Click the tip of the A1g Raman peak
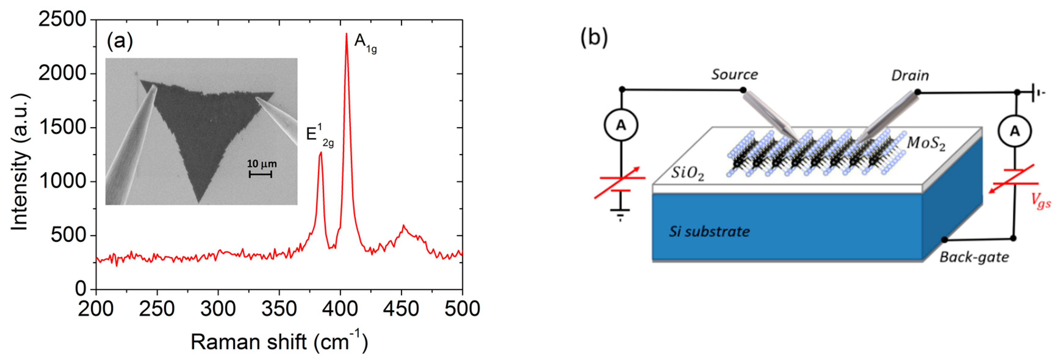coord(346,34)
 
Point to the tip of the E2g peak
coord(321,153)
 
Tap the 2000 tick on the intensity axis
coord(63,74)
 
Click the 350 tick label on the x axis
coord(279,309)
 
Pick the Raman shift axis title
coord(279,341)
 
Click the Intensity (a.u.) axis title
coord(19,162)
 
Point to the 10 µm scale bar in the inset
coord(260,174)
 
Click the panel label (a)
coord(120,41)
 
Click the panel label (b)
coord(594,37)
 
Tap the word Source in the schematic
coord(734,75)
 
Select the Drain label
coord(910,76)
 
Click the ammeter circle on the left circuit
coord(621,125)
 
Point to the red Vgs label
coord(1041,201)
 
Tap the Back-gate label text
coord(974,257)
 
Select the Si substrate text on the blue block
coord(709,232)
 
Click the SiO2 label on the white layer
coord(687,173)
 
